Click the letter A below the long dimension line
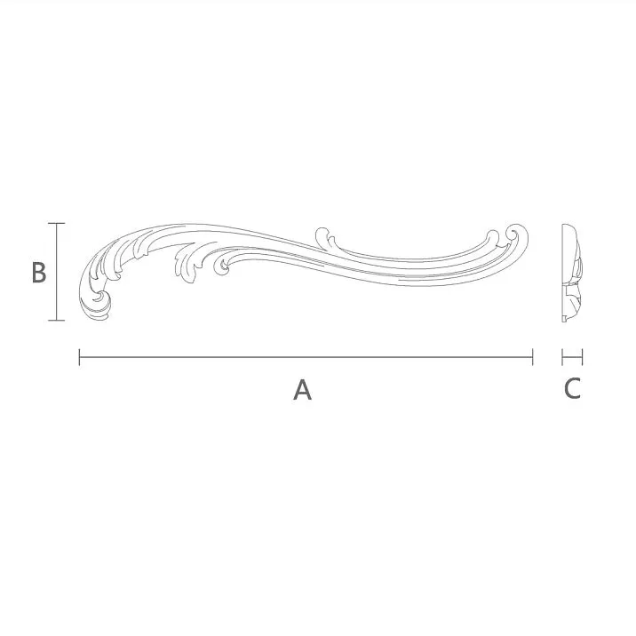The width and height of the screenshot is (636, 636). coord(303,389)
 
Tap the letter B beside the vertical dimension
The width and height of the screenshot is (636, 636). coord(38,273)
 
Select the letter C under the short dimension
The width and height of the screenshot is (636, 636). coord(573,388)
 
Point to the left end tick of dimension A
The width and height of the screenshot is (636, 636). coord(80,357)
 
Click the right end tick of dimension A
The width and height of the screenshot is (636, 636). coord(532,357)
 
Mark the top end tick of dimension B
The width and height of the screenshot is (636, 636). coord(56,223)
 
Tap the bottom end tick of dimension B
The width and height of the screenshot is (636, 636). coord(56,320)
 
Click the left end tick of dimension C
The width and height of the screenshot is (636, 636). coord(563,357)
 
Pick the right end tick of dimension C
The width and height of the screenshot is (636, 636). coord(583,357)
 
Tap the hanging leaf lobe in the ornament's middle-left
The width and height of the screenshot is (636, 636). coord(187,266)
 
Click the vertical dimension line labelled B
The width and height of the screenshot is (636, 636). coord(56,271)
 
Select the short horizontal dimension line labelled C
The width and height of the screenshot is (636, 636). coord(573,357)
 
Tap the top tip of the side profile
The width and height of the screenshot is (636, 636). coord(565,226)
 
